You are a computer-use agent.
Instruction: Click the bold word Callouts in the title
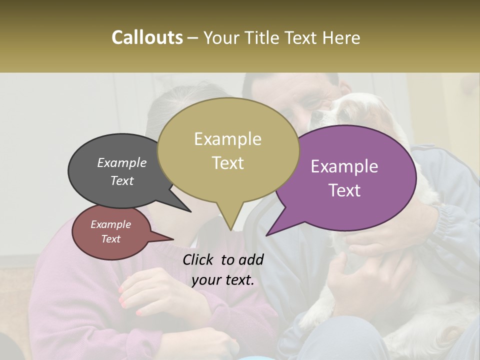tap(147, 37)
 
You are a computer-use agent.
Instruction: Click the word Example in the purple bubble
tap(344, 166)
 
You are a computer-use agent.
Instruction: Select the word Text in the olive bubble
tap(228, 163)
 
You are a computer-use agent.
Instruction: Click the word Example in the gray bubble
tap(121, 163)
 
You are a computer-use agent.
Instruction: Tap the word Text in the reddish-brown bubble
tap(110, 239)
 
